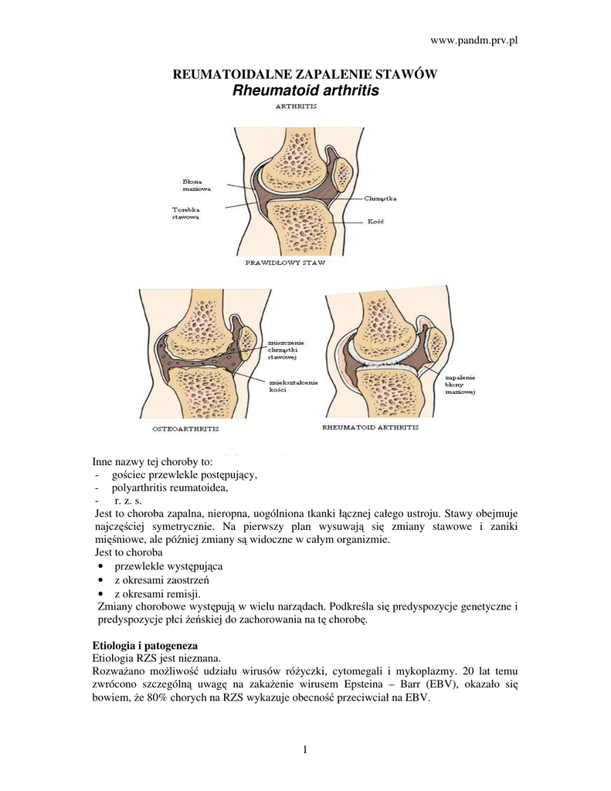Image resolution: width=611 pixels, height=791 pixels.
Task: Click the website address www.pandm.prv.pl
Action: [474, 39]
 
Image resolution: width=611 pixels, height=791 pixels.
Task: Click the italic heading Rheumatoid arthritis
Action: [306, 90]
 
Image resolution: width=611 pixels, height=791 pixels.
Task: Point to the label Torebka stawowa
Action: [186, 213]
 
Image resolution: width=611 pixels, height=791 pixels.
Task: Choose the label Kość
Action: [375, 223]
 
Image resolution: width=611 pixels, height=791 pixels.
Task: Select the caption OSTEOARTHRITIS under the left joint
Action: [182, 428]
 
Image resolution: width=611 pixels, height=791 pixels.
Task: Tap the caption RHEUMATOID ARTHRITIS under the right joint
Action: [370, 427]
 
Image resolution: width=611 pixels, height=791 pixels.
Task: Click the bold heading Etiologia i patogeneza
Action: [145, 644]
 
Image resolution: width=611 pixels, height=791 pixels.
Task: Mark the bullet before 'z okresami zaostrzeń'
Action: [103, 580]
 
